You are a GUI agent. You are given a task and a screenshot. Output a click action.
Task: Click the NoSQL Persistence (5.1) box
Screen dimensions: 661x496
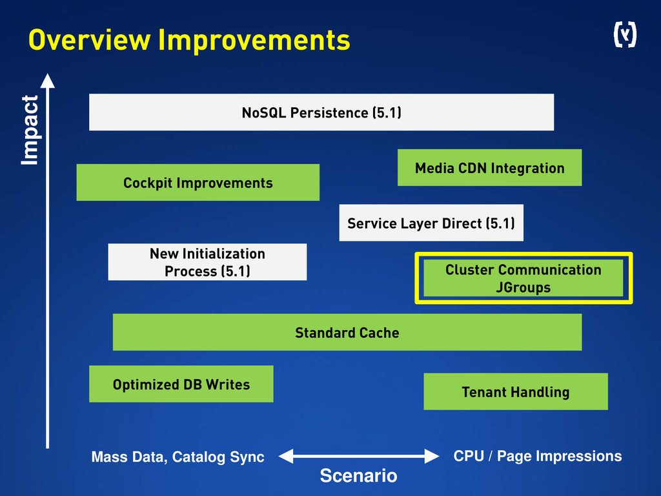(x=321, y=112)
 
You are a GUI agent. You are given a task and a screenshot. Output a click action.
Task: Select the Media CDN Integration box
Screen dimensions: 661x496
(x=489, y=168)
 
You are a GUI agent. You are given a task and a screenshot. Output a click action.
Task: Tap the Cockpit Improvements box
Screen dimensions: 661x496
(x=198, y=183)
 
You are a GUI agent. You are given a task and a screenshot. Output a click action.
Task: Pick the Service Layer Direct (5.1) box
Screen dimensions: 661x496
(x=431, y=223)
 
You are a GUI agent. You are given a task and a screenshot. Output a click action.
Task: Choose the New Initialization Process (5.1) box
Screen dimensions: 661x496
(x=207, y=262)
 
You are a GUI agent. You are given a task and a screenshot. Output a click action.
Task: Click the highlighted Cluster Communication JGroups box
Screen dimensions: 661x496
(x=523, y=278)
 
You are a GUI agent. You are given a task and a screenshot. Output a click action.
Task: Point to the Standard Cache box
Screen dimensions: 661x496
(x=347, y=333)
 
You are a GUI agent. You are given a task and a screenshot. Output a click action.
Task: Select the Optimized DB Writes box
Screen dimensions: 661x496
(x=181, y=384)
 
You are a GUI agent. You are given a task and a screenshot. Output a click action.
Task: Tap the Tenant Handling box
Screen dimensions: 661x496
(x=515, y=391)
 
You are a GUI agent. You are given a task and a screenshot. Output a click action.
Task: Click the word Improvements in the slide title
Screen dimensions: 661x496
(x=254, y=41)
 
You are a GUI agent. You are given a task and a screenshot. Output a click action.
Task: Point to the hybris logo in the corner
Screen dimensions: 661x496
(x=624, y=36)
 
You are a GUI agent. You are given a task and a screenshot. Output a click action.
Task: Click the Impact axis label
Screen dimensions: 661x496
(x=30, y=130)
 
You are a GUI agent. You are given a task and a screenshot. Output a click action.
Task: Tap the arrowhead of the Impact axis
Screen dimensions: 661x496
(x=48, y=81)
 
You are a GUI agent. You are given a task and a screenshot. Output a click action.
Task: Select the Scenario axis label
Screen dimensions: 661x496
(x=358, y=477)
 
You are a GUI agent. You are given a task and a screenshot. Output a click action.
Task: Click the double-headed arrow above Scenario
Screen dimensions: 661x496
(x=358, y=456)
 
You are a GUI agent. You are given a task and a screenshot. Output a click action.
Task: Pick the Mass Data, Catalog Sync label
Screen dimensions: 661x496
(x=178, y=457)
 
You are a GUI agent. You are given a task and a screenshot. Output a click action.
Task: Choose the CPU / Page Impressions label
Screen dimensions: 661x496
(x=537, y=456)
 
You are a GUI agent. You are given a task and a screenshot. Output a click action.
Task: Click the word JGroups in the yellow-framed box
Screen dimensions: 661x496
(x=523, y=287)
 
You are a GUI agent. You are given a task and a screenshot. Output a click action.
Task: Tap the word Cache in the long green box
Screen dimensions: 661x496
(x=380, y=333)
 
